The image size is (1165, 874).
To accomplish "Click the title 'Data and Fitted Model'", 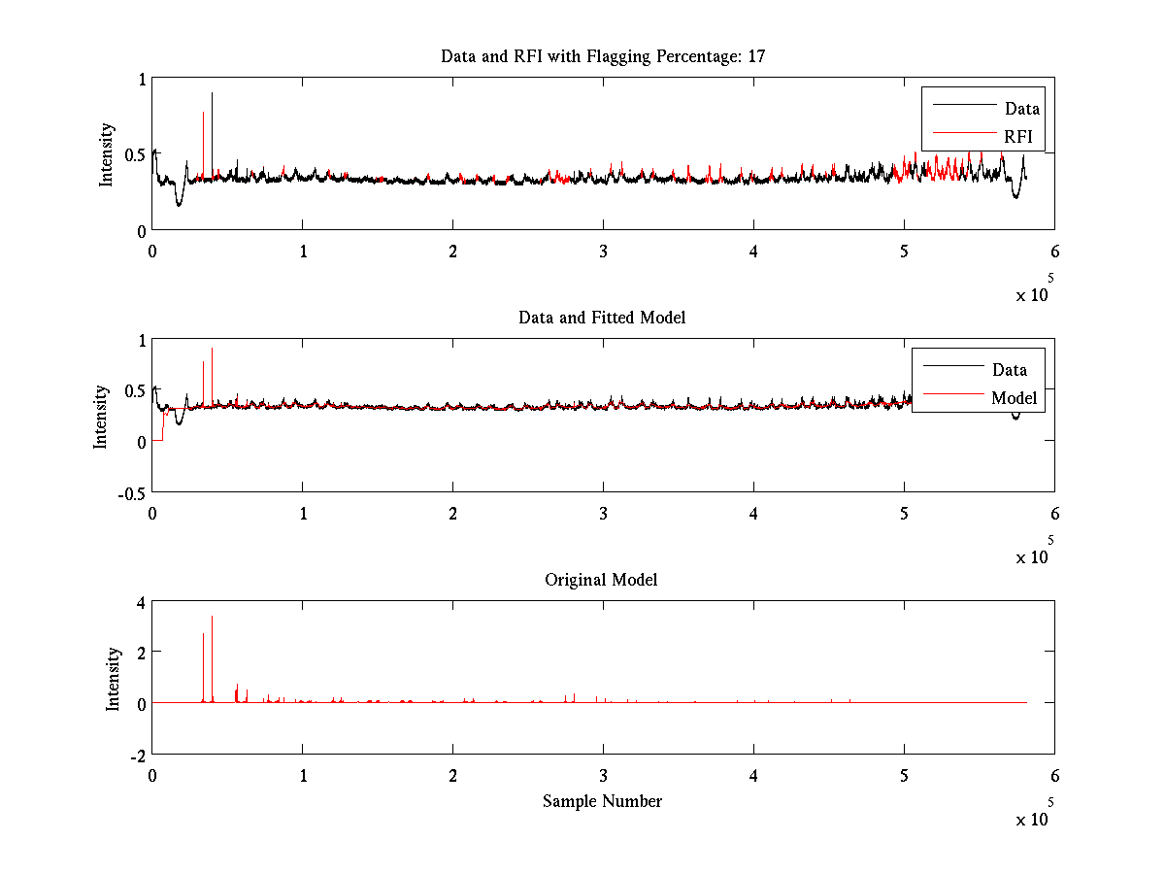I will pos(602,318).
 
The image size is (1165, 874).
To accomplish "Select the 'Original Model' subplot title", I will pos(601,580).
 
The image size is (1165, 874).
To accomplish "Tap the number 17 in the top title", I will pos(756,56).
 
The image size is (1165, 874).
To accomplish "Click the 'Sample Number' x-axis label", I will pos(602,801).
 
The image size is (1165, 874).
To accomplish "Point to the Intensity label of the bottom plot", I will pos(114,678).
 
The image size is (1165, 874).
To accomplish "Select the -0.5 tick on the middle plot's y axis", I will pos(129,491).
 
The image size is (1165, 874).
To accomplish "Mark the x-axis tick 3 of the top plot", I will pos(603,250).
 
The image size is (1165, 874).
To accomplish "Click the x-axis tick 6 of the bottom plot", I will pos(1054,775).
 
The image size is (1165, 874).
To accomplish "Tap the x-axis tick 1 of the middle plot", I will pos(303,512).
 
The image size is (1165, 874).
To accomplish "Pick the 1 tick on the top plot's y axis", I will pos(142,79).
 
